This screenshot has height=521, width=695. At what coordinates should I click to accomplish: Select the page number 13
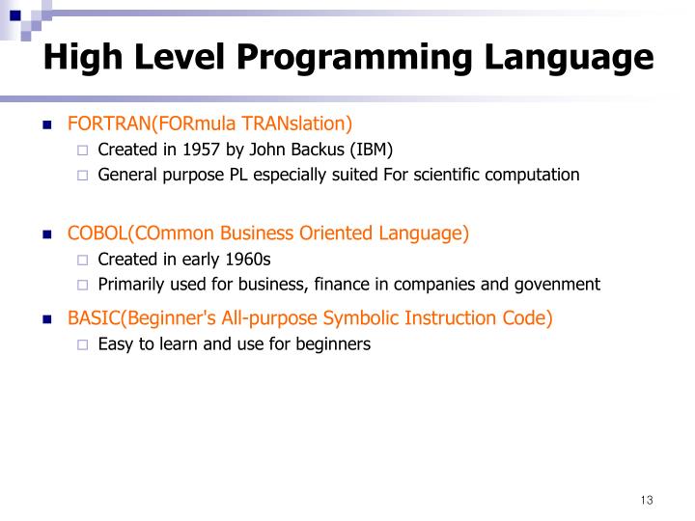coord(646,500)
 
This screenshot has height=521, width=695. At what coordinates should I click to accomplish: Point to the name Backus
coord(311,150)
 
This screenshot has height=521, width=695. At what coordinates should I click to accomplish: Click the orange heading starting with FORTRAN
coord(209,123)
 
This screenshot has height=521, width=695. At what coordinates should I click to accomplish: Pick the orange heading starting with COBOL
coord(267,233)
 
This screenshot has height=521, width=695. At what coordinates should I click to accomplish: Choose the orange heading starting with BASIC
coord(310,318)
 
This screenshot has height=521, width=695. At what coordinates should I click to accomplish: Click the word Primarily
coord(130,284)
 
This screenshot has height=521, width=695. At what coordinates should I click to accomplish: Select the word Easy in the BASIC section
coord(114,343)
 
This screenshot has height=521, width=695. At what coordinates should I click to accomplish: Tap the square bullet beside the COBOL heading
coord(45,234)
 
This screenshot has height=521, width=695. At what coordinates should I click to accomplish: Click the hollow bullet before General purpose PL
coord(82,176)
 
